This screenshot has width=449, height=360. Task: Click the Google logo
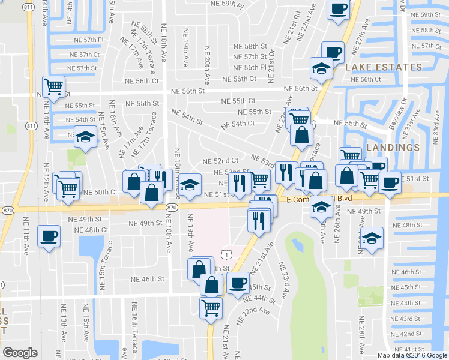coord(20,353)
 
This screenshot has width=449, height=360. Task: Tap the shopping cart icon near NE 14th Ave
coord(54,86)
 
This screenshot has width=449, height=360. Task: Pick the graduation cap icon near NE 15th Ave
coord(85,136)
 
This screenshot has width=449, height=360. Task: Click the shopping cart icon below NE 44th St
coord(211,307)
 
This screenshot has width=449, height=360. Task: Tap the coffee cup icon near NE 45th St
coord(238,281)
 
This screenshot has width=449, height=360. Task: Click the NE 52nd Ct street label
coord(220,161)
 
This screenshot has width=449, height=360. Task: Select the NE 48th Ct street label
coord(92,230)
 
